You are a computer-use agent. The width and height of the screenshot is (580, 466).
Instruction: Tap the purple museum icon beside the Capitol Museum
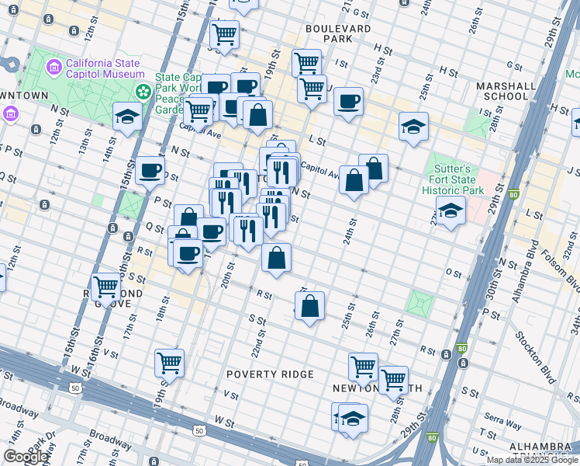pos(54,68)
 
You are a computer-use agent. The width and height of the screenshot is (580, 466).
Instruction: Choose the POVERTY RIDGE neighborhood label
pos(270,374)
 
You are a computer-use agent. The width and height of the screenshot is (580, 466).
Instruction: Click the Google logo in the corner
pos(26,457)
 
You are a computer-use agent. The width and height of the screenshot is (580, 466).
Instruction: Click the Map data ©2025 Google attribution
pos(532,460)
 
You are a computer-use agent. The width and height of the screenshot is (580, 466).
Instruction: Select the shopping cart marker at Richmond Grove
pos(106,287)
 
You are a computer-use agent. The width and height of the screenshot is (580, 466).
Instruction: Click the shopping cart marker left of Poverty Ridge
pos(169,362)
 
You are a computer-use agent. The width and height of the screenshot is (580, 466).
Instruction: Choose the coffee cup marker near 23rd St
pos(349,100)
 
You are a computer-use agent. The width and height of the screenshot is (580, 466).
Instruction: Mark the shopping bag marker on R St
pos(309,306)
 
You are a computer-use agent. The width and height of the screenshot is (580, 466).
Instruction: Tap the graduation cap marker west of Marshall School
pos(413,126)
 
